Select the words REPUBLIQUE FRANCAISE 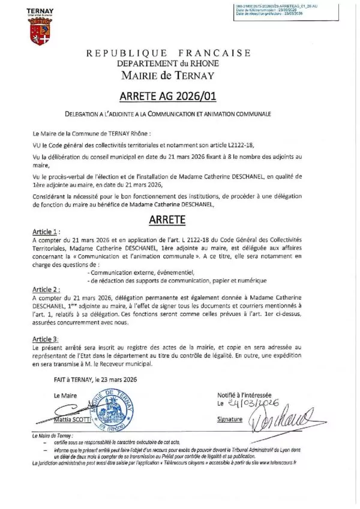pyautogui.click(x=169, y=53)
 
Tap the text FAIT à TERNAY pyautogui.click(x=73, y=379)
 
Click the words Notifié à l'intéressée pyautogui.click(x=244, y=395)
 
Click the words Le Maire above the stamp pyautogui.click(x=65, y=396)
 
